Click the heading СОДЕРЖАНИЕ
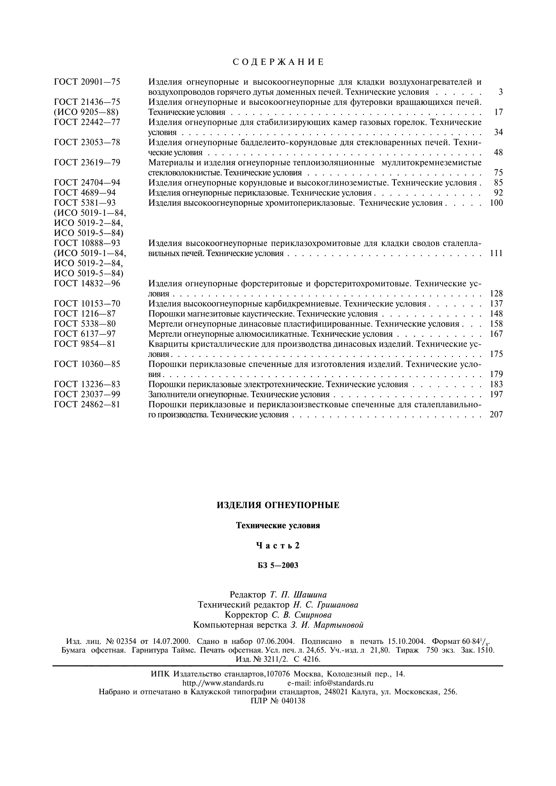pyautogui.click(x=278, y=62)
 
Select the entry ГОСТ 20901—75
pyautogui.click(x=87, y=82)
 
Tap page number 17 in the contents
pyautogui.click(x=498, y=112)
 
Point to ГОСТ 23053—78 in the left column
pyautogui.click(x=87, y=142)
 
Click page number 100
pyautogui.click(x=496, y=203)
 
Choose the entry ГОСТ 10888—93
pyautogui.click(x=87, y=243)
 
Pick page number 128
pyautogui.click(x=496, y=294)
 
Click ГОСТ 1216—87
pyautogui.click(x=85, y=314)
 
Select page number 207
pyautogui.click(x=496, y=415)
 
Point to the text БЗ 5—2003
pyautogui.click(x=278, y=565)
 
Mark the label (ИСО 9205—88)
pyautogui.click(x=86, y=112)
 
